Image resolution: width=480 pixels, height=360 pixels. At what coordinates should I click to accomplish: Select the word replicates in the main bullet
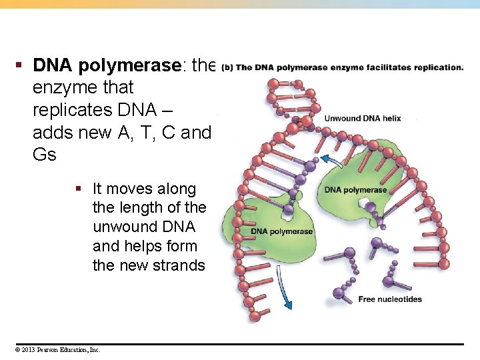[69, 110]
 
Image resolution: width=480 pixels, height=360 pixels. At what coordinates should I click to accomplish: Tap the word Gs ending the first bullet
[45, 155]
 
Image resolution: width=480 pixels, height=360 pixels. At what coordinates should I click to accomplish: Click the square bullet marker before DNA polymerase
[19, 65]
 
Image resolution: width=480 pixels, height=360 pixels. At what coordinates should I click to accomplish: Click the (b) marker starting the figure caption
[227, 67]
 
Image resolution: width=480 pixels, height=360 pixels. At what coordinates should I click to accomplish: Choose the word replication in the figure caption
[439, 67]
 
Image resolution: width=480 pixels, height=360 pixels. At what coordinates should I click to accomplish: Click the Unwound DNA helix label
[362, 118]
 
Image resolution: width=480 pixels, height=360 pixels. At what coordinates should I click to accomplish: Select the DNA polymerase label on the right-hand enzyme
[355, 190]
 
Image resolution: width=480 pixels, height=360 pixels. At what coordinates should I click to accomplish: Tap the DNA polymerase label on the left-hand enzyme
[281, 231]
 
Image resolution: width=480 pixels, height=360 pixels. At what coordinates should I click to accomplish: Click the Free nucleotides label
[389, 299]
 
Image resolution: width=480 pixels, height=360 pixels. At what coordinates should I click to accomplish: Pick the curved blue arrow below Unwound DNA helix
[328, 159]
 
